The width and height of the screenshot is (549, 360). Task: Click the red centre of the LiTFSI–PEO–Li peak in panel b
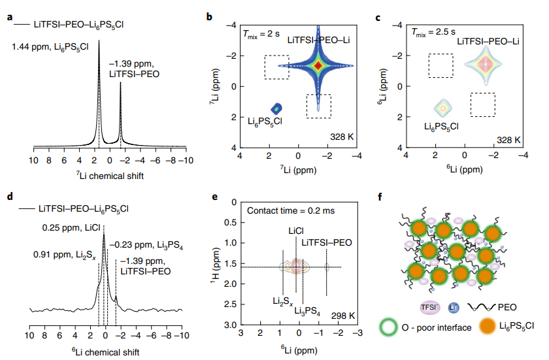318,65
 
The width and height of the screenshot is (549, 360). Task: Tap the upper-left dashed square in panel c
441,65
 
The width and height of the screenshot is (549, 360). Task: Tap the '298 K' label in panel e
342,316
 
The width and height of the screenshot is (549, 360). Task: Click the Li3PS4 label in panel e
307,312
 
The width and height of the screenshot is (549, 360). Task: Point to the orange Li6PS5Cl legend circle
488,325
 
